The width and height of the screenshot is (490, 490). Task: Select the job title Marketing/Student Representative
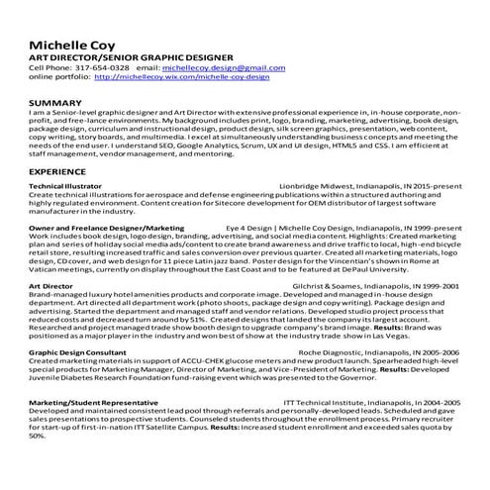click(x=91, y=403)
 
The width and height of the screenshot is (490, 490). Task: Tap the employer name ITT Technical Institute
click(x=329, y=403)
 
